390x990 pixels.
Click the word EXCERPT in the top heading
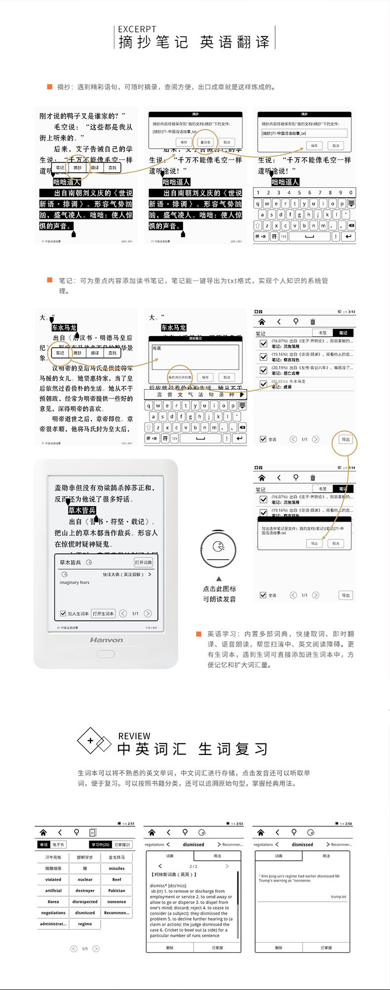137,29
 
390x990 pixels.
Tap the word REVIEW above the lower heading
134,736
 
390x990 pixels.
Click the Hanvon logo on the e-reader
106,640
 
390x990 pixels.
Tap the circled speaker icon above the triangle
218,548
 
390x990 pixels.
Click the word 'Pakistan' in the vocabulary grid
117,890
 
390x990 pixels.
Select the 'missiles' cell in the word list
117,868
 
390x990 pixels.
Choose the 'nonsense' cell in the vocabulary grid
117,902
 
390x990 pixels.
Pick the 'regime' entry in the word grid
85,923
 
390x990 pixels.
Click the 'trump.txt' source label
338,896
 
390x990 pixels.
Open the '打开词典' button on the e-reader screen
143,562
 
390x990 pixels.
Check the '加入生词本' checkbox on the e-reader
63,614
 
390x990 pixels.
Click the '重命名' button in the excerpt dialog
205,142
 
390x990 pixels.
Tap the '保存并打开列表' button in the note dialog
180,377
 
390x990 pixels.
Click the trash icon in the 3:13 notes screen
312,322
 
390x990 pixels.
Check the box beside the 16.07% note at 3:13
264,343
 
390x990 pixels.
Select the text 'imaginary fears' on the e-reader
75,582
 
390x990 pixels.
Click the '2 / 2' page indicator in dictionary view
194,866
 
